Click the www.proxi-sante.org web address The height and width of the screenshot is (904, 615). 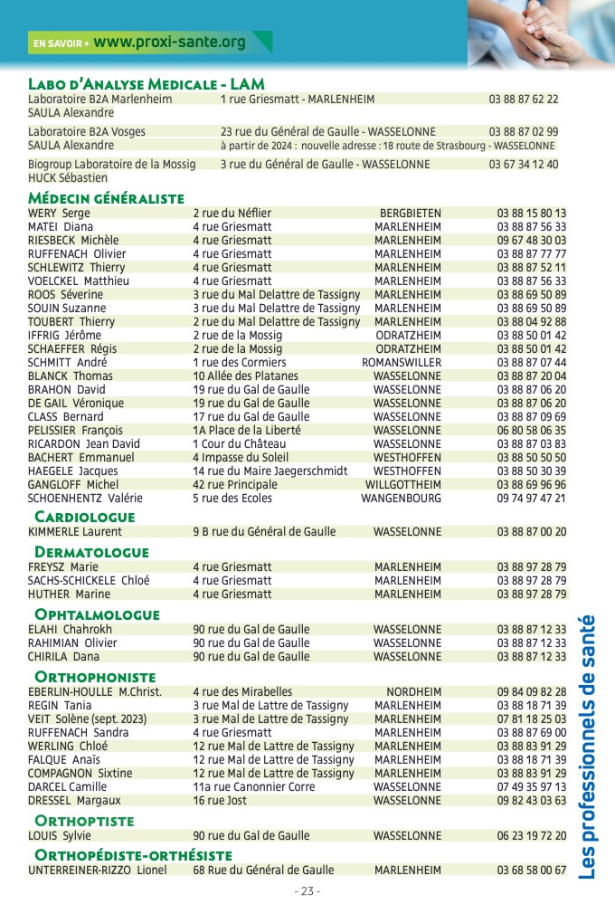click(169, 42)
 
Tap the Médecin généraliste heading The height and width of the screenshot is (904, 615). click(106, 198)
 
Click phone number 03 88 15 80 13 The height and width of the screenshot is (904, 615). click(532, 214)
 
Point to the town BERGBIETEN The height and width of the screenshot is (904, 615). click(411, 214)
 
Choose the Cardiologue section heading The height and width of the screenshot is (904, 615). click(84, 517)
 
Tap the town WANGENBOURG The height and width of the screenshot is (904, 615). click(402, 499)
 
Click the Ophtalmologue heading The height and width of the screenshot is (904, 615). click(97, 614)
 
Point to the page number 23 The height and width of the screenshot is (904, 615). click(307, 890)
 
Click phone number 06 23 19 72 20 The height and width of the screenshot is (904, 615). click(532, 836)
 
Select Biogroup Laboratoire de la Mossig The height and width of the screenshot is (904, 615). click(112, 165)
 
